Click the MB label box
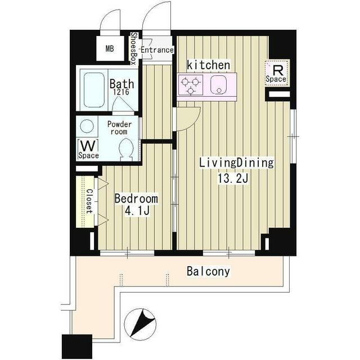click(x=110, y=48)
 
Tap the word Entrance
click(x=157, y=50)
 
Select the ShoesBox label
click(x=134, y=48)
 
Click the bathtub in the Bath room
click(x=94, y=90)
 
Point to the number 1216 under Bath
click(x=121, y=92)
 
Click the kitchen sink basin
click(x=218, y=85)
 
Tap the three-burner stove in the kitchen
click(x=190, y=85)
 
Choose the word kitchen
click(x=209, y=65)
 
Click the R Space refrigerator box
click(x=276, y=74)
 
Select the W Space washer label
click(x=89, y=149)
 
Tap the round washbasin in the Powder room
click(x=87, y=126)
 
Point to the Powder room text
click(x=119, y=128)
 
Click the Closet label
click(x=89, y=201)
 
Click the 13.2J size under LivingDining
click(x=233, y=178)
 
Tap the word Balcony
click(x=208, y=271)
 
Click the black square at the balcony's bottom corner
click(x=77, y=346)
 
